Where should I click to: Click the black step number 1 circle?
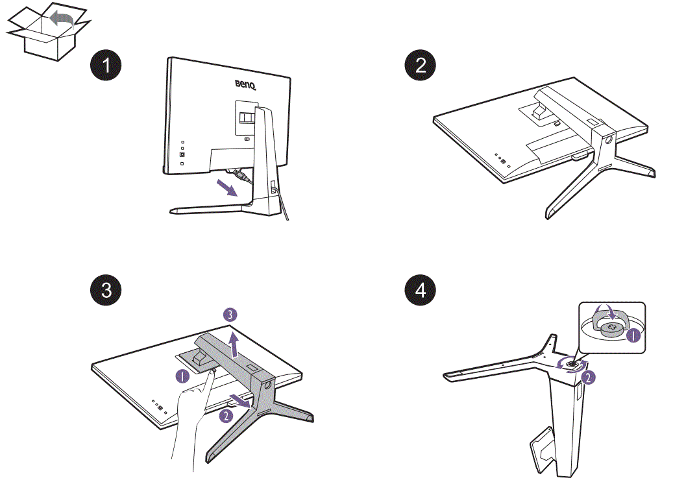point(105,65)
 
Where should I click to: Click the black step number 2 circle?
point(421,65)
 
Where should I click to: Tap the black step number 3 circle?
point(105,289)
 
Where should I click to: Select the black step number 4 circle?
point(421,289)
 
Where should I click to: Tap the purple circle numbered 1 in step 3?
point(183,374)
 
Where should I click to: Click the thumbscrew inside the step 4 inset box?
point(610,328)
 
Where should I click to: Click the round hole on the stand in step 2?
point(609,138)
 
